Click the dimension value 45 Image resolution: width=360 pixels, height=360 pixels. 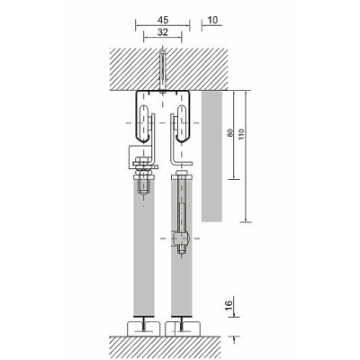tap(163, 21)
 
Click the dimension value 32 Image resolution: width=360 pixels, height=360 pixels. tap(163, 32)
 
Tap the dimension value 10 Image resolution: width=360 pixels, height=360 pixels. tap(212, 21)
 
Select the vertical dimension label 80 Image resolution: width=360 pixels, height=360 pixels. tap(230, 133)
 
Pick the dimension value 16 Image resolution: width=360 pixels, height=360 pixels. tap(229, 304)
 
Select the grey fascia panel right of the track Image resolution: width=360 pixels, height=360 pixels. tap(211, 157)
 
